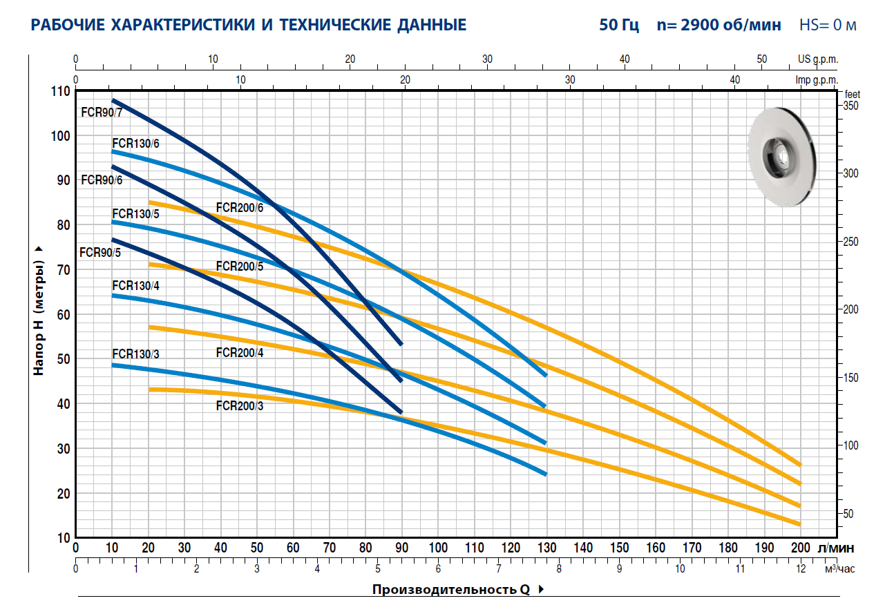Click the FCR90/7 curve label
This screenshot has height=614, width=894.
click(101, 112)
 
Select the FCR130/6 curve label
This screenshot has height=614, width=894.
click(135, 143)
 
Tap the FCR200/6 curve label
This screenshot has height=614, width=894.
click(239, 207)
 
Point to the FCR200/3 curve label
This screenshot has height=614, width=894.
click(239, 406)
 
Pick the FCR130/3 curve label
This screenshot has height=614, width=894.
click(135, 354)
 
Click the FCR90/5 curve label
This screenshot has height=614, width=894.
click(100, 252)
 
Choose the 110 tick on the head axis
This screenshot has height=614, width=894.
click(61, 91)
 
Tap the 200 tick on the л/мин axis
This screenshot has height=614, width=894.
click(800, 548)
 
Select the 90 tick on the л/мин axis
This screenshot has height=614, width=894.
click(401, 548)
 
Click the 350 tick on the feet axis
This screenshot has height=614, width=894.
click(851, 106)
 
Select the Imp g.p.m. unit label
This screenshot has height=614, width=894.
click(817, 80)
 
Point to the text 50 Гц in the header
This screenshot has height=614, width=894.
click(619, 26)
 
